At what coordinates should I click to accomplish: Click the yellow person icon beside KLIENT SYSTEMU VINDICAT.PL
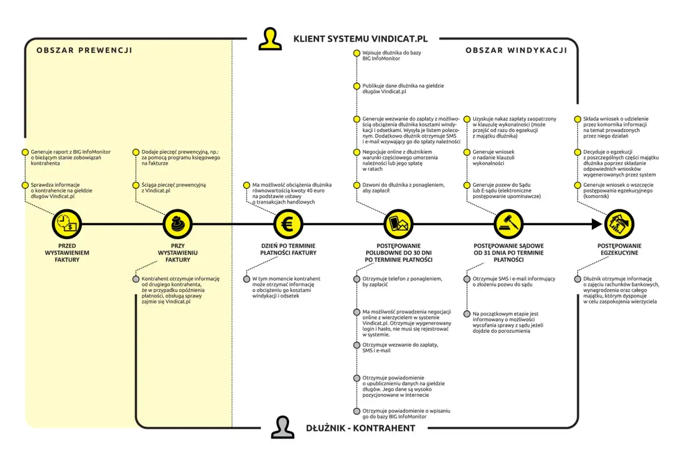269,39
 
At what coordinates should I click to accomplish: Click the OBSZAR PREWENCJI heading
84,51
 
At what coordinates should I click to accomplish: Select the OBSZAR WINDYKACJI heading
516,50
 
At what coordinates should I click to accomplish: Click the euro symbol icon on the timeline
288,224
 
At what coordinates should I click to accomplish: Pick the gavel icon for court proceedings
508,224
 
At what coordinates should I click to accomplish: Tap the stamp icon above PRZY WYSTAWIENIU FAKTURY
177,224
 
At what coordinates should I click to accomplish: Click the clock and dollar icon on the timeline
67,224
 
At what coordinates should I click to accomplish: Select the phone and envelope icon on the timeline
399,224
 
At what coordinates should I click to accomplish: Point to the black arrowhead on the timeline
596,224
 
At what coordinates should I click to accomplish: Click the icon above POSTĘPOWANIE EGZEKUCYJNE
619,224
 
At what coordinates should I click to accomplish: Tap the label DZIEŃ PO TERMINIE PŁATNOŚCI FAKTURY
288,249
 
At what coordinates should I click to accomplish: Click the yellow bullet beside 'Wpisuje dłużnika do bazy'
356,54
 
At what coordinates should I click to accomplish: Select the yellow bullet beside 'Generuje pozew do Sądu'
467,185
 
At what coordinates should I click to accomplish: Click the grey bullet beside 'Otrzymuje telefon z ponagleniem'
356,279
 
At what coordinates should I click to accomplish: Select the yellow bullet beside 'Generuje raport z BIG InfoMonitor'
25,152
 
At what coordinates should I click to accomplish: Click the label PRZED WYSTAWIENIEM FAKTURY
67,253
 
